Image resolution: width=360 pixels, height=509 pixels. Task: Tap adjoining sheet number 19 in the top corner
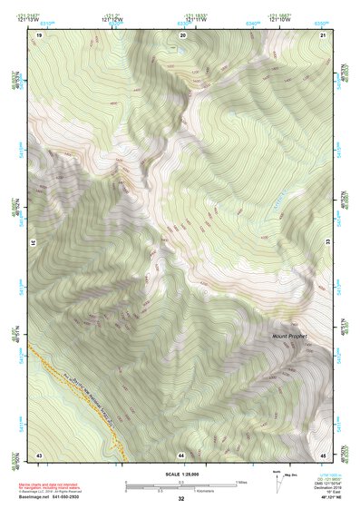40,34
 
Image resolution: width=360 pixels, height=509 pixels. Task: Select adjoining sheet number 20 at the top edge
183,34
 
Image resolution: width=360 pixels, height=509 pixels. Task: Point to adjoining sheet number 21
323,34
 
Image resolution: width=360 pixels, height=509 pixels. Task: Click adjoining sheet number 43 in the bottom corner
39,454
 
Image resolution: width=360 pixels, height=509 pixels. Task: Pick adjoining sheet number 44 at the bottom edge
181,454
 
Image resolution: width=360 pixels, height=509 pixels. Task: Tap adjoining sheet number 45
323,454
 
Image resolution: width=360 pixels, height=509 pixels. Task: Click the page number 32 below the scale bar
181,499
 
